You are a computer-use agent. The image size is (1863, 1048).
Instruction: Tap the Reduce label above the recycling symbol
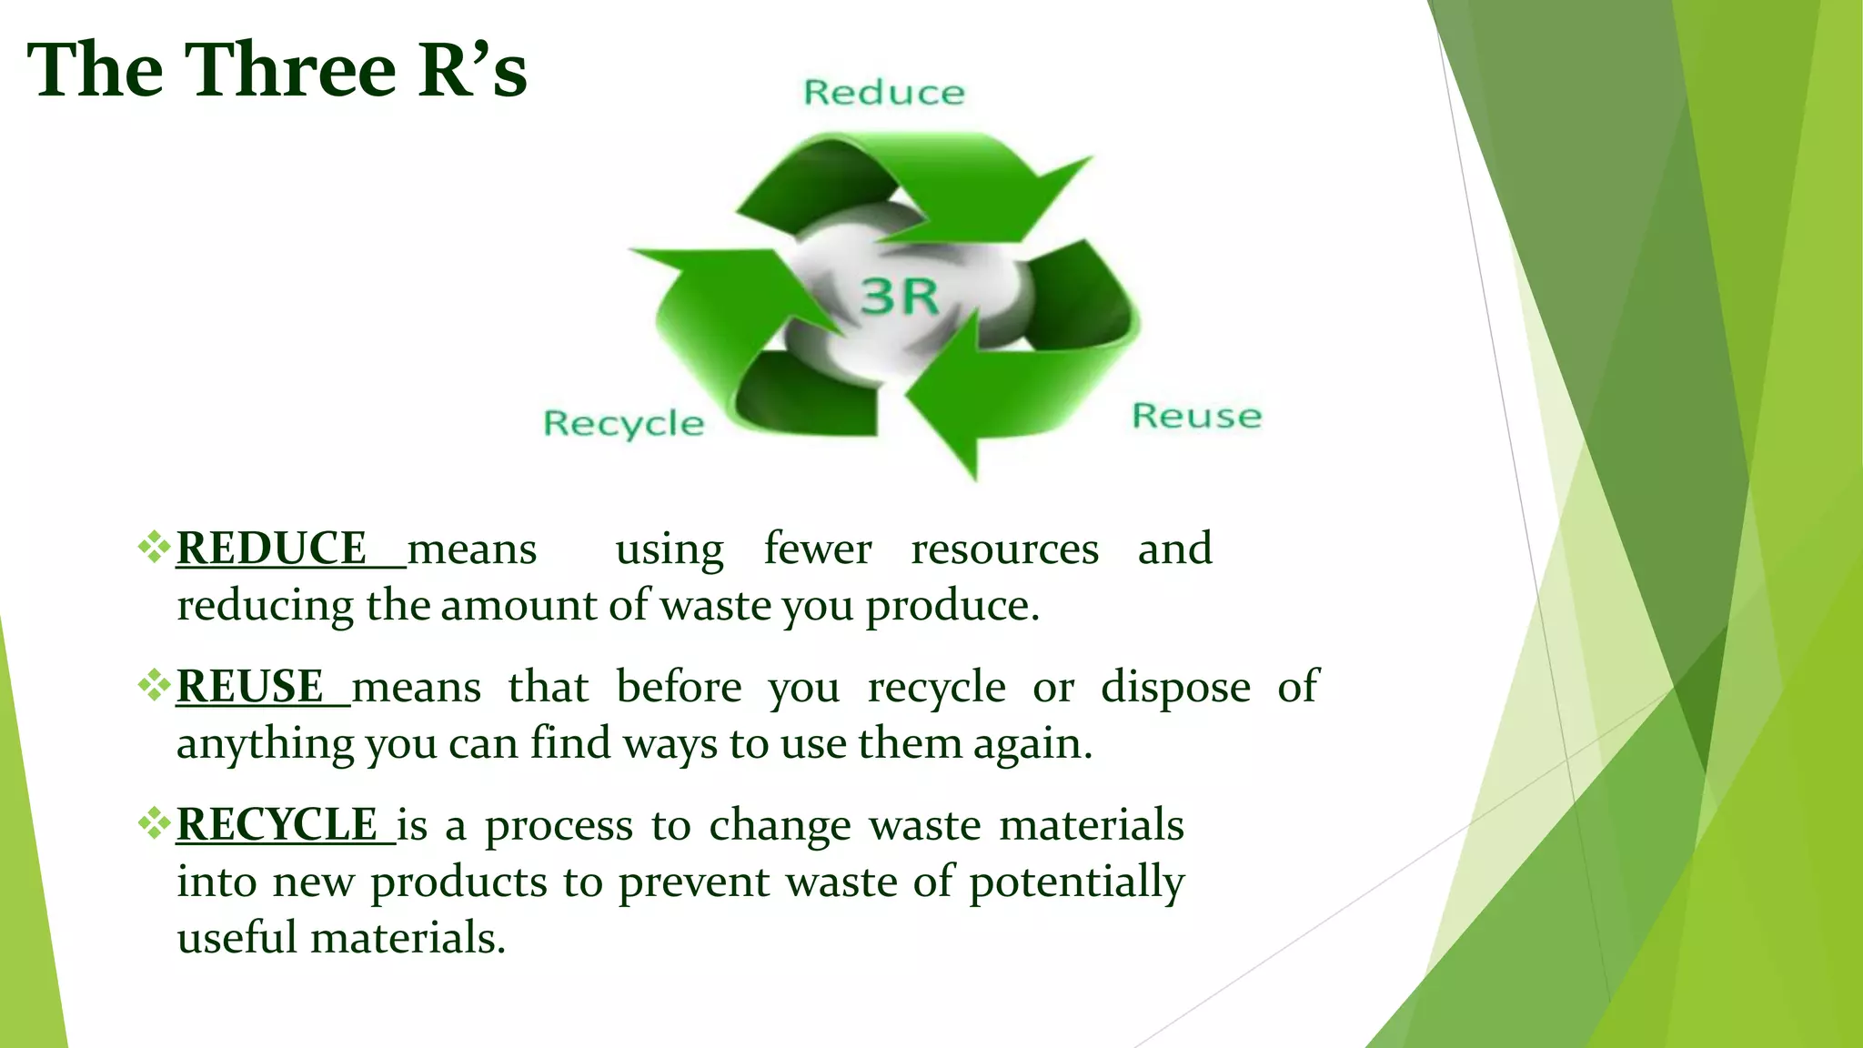(884, 93)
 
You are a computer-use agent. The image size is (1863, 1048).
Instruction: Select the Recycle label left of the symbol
(624, 424)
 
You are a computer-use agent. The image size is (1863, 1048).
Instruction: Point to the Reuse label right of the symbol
(1196, 416)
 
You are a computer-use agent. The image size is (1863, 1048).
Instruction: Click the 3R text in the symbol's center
(899, 297)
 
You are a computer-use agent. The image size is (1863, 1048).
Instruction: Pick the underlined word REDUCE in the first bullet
(271, 549)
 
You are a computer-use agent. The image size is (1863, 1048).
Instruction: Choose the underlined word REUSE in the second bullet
(250, 687)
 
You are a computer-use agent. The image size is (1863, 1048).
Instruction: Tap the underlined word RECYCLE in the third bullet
(277, 825)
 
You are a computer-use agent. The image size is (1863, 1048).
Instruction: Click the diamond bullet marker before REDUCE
(154, 547)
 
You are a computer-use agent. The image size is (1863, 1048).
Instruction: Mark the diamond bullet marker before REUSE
(154, 685)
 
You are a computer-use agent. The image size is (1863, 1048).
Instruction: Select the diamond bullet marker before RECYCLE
(154, 823)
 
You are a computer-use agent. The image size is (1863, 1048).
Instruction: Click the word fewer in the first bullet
(817, 549)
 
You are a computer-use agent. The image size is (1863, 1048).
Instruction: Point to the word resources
(1004, 549)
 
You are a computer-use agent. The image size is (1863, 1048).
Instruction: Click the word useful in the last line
(237, 938)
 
